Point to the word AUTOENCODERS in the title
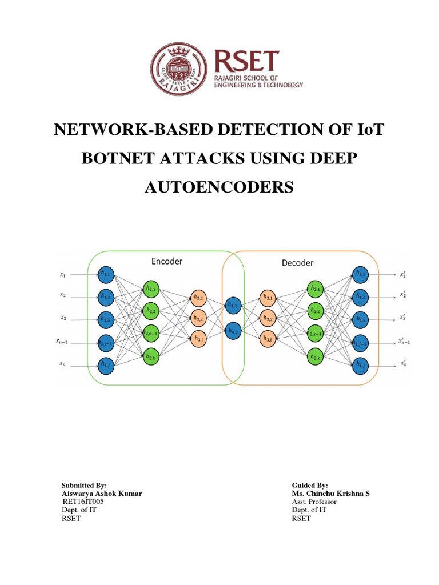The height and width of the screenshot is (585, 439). tap(219, 185)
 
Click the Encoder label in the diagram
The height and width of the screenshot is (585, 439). tap(167, 261)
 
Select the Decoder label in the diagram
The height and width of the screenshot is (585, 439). tap(298, 263)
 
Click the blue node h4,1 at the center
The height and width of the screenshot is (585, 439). tap(234, 306)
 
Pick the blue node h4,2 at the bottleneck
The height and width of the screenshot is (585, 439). tap(234, 330)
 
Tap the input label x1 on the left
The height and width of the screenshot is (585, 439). tap(62, 275)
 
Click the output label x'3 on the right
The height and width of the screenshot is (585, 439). tap(404, 318)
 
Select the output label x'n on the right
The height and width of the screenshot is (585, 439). tap(404, 363)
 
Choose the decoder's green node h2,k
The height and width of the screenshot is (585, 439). tap(315, 356)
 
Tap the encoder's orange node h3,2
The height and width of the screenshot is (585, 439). tap(199, 318)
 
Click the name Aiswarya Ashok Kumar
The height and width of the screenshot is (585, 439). tap(102, 493)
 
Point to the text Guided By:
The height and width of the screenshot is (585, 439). tap(310, 484)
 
